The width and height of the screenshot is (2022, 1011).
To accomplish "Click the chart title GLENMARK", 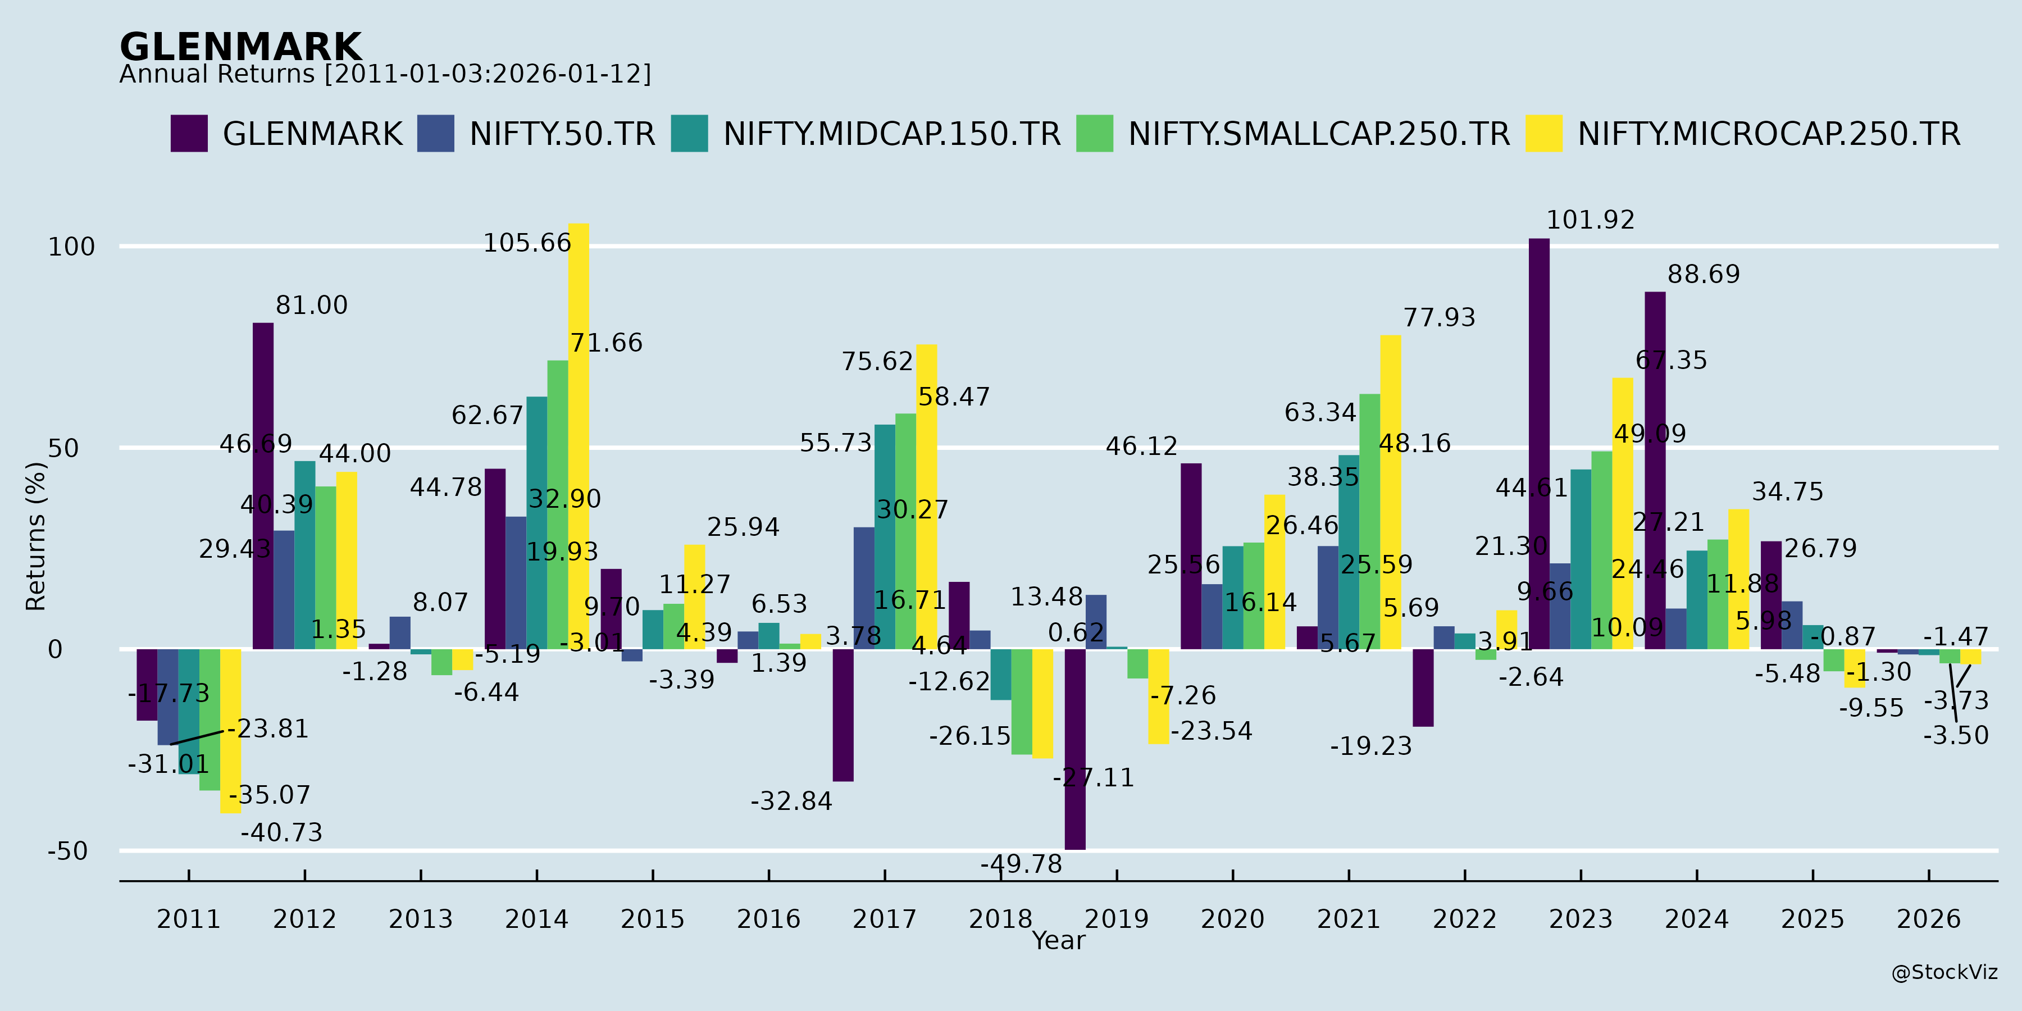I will coord(240,47).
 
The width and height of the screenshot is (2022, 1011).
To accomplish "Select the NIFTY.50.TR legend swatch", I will coord(436,134).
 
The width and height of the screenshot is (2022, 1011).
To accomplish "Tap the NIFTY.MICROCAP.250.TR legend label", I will coord(1769,134).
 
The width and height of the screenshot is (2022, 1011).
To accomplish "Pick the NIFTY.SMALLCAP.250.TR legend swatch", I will coord(1094,134).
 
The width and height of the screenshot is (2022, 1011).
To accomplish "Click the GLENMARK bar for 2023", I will coord(1540,444).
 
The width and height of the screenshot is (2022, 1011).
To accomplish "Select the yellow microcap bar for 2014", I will coord(579,436).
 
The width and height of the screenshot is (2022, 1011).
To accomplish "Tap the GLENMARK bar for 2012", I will coord(263,486).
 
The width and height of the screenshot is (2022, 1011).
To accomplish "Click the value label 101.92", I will coord(1590,221).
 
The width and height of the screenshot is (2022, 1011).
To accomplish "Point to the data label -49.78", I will coord(1021,864).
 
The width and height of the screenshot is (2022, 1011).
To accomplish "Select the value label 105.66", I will coord(527,243).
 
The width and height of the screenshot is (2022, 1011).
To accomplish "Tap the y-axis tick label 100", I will coord(71,247).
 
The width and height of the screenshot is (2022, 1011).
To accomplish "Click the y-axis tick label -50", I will coord(67,851).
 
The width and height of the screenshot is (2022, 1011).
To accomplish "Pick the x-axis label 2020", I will coord(1232,919).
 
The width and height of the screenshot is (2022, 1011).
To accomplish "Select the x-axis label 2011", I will coord(188,919).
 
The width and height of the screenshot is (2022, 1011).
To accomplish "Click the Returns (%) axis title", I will coord(36,536).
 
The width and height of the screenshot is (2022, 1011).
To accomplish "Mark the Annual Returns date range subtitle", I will coord(385,75).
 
